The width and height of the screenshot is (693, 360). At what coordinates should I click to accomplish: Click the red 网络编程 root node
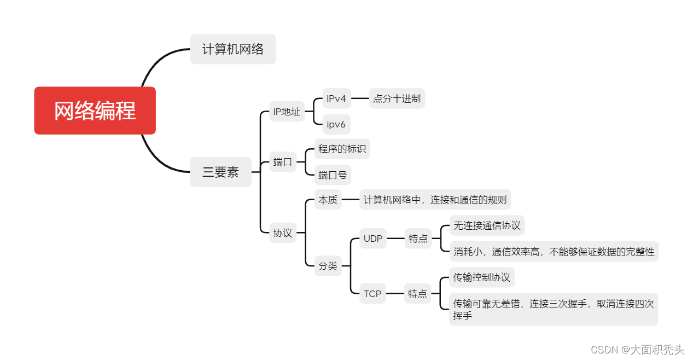coord(95,111)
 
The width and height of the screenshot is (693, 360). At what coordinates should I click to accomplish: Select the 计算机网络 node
coord(232,49)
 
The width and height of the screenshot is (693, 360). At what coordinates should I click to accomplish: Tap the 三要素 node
coord(220,172)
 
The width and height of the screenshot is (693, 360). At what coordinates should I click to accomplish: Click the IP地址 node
coord(287,112)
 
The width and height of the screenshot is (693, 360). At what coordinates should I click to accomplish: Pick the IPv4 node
coord(336,98)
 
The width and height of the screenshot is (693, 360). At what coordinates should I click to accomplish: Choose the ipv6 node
coord(336,124)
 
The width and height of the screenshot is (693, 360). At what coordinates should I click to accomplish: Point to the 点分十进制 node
coord(397,98)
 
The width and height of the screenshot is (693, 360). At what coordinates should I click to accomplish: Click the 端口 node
coord(282,162)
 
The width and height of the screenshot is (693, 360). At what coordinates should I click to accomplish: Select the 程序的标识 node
coord(342,149)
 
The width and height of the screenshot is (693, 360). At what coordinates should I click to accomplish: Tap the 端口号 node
coord(333,175)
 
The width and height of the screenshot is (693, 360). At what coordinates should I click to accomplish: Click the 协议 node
coord(282,233)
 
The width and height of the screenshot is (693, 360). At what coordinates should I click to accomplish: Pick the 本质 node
coord(328,200)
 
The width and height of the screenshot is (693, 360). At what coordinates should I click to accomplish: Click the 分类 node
coord(328,266)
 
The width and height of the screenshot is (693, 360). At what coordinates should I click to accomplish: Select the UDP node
coord(372,239)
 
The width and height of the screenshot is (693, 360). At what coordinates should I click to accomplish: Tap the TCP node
coord(372,294)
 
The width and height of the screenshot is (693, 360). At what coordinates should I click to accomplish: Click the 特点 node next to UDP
coord(418,239)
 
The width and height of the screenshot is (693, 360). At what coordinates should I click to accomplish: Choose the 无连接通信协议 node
coord(487,225)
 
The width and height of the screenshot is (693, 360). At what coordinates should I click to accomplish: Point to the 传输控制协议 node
coord(481,277)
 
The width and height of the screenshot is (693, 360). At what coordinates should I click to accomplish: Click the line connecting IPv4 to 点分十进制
coord(359,98)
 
